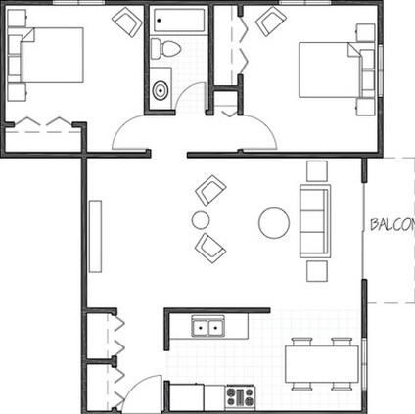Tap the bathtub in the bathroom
[x=177, y=21]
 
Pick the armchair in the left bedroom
[x=126, y=21]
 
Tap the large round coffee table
[x=273, y=224]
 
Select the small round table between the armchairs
[x=201, y=220]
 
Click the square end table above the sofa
[x=316, y=170]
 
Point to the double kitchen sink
[x=207, y=326]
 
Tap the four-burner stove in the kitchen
[x=240, y=396]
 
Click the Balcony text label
[x=392, y=224]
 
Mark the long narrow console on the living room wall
[x=95, y=236]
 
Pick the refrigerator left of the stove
[x=186, y=396]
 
